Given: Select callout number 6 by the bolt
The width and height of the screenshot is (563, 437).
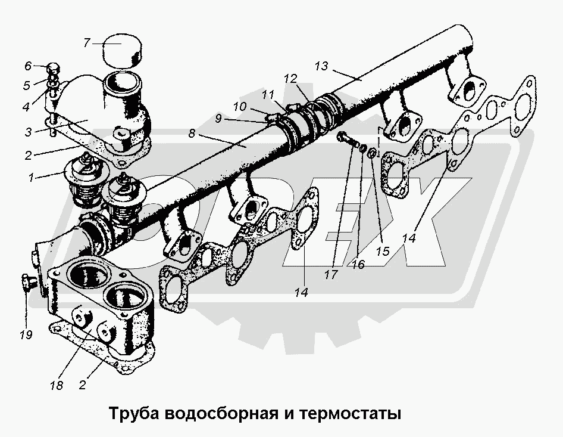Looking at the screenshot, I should (27, 66).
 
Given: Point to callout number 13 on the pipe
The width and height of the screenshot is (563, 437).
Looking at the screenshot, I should (321, 66).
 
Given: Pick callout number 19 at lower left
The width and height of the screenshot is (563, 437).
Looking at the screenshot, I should (25, 335).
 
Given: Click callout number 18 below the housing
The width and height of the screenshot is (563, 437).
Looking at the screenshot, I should (57, 385).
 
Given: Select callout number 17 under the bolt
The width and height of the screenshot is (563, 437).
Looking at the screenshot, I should (331, 275).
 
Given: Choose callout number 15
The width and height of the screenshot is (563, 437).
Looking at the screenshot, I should (382, 251).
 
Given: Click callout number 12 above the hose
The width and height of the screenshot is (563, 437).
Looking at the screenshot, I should (290, 78).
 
